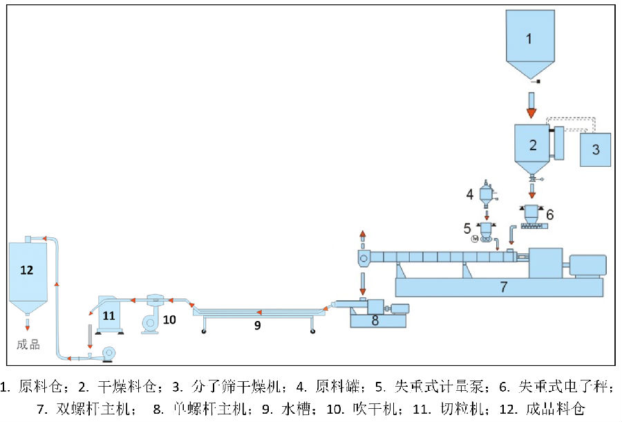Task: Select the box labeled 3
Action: click(595, 149)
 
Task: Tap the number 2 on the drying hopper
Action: click(532, 145)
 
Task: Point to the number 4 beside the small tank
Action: click(470, 194)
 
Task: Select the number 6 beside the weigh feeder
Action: click(550, 215)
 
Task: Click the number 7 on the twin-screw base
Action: click(504, 286)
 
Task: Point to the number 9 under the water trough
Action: click(257, 324)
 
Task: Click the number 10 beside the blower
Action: click(169, 320)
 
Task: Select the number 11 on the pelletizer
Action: click(109, 315)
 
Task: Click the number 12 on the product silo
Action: click(26, 270)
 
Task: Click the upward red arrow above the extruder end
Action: click(362, 235)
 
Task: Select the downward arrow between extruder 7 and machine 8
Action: click(362, 282)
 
